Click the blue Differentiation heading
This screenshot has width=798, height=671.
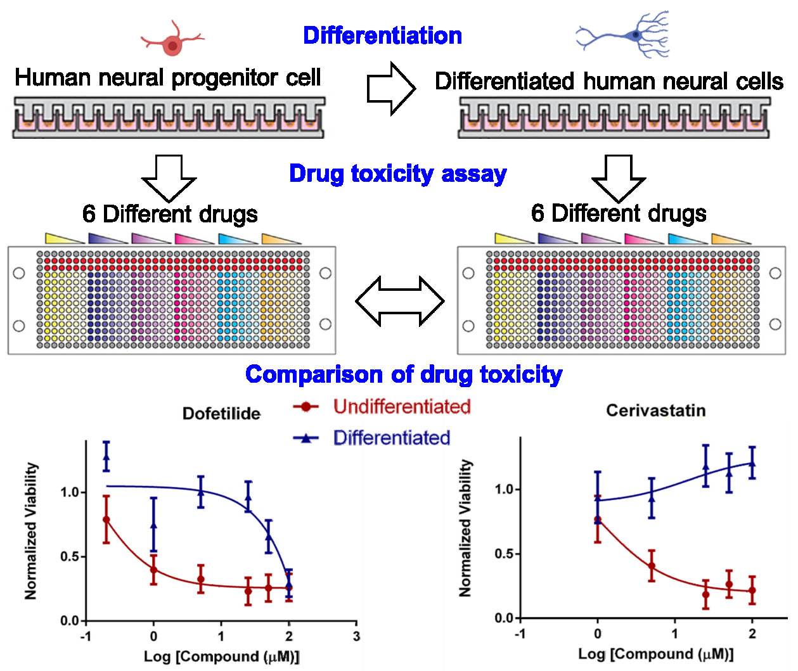[x=382, y=35]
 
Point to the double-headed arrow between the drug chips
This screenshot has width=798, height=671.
[x=400, y=301]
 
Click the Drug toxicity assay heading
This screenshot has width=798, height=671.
[x=397, y=174]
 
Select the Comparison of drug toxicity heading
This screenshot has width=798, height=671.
[x=403, y=374]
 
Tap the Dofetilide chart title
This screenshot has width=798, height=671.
[x=221, y=414]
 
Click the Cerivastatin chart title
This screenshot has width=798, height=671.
[x=655, y=411]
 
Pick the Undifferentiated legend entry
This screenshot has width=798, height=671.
[x=402, y=407]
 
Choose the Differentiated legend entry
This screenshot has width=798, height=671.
[x=391, y=438]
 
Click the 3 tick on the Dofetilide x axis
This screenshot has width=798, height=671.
[x=356, y=636]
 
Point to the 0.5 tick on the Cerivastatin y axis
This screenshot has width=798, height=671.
[x=504, y=554]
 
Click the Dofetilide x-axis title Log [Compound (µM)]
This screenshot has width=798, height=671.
[x=221, y=656]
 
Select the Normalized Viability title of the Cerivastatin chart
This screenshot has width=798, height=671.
[x=466, y=528]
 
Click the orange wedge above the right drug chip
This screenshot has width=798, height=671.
[x=730, y=239]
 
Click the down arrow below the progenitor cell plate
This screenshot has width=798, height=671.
[x=169, y=177]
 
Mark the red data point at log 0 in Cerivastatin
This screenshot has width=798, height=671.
[x=598, y=520]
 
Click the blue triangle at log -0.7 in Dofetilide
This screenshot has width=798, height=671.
[x=106, y=456]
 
